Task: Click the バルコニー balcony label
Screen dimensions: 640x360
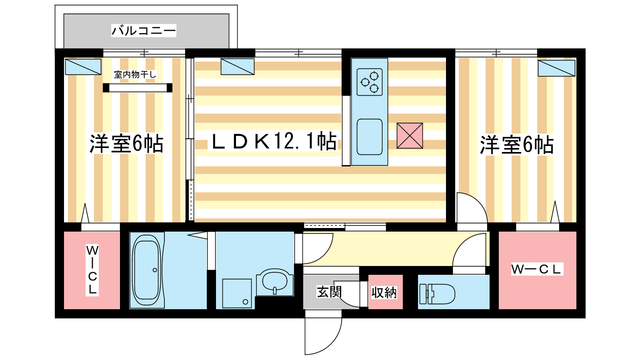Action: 144,30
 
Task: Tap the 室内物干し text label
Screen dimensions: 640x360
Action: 135,74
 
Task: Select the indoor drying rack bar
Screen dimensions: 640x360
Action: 138,88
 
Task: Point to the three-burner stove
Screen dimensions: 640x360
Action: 370,82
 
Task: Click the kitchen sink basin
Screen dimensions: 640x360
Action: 370,137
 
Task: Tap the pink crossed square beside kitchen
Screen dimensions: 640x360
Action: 410,136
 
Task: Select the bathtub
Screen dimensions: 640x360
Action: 147,270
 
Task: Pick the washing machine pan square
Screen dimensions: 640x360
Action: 237,294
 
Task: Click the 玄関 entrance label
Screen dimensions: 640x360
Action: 329,292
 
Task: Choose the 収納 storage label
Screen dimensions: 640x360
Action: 384,292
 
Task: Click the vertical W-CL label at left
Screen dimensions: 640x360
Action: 92,270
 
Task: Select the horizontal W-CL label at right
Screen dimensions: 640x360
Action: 537,269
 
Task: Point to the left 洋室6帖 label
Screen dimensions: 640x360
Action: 126,144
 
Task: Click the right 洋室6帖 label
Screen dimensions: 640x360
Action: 516,145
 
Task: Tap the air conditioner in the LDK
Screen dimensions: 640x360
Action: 238,66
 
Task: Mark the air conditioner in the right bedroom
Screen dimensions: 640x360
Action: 556,68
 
